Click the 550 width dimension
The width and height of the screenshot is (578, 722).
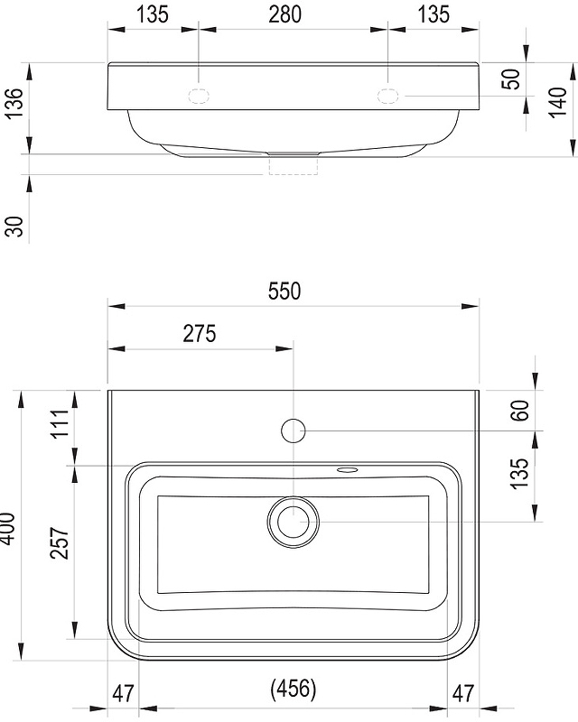coord(284,291)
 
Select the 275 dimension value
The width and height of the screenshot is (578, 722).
coord(199,333)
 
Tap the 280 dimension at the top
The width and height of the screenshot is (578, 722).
coord(284,14)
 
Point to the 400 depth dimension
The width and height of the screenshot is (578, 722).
coord(8,528)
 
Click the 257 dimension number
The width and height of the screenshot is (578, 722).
coord(60,543)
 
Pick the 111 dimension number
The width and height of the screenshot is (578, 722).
coord(60,423)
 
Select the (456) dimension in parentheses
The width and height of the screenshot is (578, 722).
coord(294,689)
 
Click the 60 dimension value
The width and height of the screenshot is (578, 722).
coord(519,411)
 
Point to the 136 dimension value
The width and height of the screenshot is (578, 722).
coord(14,102)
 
